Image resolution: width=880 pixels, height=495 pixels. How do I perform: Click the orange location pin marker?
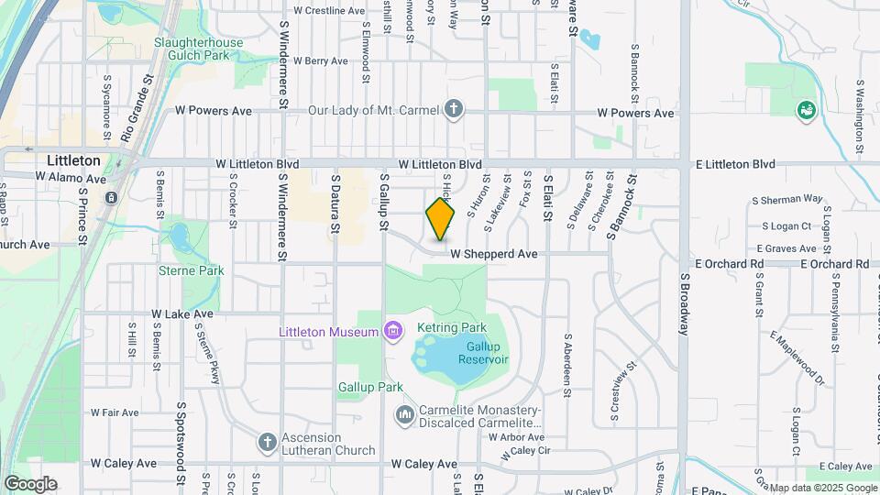click(440, 218)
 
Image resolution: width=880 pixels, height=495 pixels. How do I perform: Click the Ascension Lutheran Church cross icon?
click(267, 443)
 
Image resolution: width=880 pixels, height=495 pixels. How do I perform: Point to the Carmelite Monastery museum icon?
click(404, 416)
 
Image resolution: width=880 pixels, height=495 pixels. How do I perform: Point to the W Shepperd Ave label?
click(494, 254)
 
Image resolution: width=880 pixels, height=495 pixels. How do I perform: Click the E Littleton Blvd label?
click(735, 164)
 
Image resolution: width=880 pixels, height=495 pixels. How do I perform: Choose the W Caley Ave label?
click(424, 465)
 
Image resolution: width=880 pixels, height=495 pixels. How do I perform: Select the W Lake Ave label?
click(182, 313)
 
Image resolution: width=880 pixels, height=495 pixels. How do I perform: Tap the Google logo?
click(29, 483)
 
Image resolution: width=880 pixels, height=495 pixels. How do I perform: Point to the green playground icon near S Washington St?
click(807, 110)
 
